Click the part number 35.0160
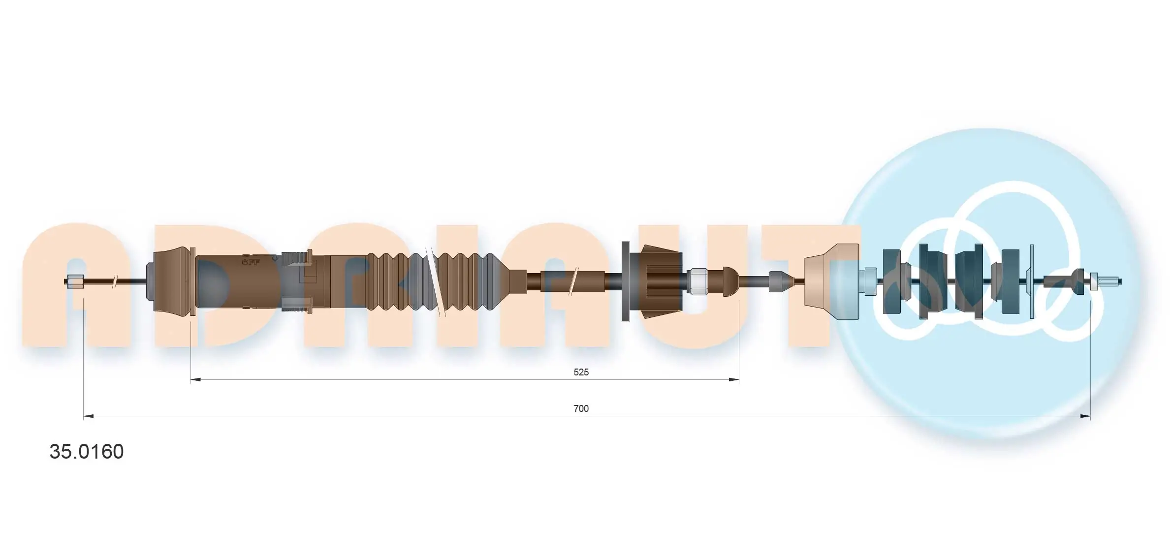87,452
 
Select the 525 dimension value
581,372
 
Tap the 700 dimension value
581,408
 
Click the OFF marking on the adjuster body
251,262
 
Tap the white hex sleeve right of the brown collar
697,281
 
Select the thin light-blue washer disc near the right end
1032,281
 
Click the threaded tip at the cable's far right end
1110,281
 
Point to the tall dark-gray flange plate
626,281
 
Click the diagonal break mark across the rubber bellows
435,281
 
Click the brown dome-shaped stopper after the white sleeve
730,281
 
